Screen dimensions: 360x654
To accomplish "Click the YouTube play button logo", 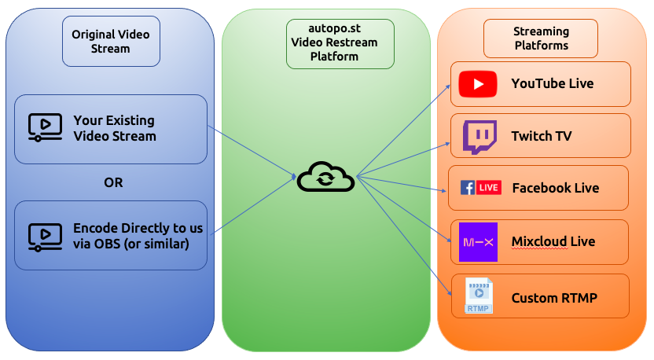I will pos(478,84).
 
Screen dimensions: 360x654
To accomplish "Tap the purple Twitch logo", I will pos(479,137).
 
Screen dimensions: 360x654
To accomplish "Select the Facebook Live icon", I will pos(481,188).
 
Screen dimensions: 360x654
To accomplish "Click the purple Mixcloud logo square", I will pos(478,242).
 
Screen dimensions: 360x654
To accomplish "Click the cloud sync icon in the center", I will pos(325,178).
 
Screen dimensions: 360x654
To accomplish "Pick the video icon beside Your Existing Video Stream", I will pos(45,128).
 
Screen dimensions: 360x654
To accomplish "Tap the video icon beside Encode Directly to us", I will pos(45,236).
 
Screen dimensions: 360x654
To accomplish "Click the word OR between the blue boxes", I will pos(113,182).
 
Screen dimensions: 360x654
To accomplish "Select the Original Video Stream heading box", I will pos(111,41).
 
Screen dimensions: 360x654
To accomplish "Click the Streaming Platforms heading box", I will pos(541,39).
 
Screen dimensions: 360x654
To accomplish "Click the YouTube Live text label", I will pos(552,83).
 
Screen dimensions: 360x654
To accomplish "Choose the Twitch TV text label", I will pos(541,136).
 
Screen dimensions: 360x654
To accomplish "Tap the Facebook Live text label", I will pos(555,188).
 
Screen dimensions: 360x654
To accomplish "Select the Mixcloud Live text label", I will pos(553,241).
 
